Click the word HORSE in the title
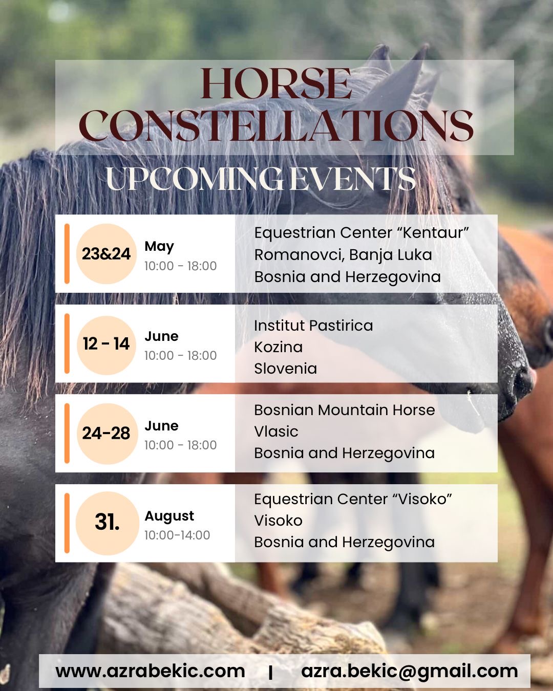coord(276,83)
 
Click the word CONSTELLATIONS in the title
coord(276,125)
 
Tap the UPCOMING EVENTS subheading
coord(261,179)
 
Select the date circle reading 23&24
coord(107,254)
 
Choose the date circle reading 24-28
coord(107,434)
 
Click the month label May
coord(159,247)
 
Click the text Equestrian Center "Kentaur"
coord(361,233)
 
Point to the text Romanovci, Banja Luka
coord(343,255)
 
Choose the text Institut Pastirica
coord(313,326)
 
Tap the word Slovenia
coord(286,369)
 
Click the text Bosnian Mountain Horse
coord(345,410)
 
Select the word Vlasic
coord(276,431)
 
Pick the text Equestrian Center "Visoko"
coord(353,499)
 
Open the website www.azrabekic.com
coord(150,671)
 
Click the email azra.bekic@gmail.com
coord(410,672)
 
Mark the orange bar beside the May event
coord(67,254)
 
